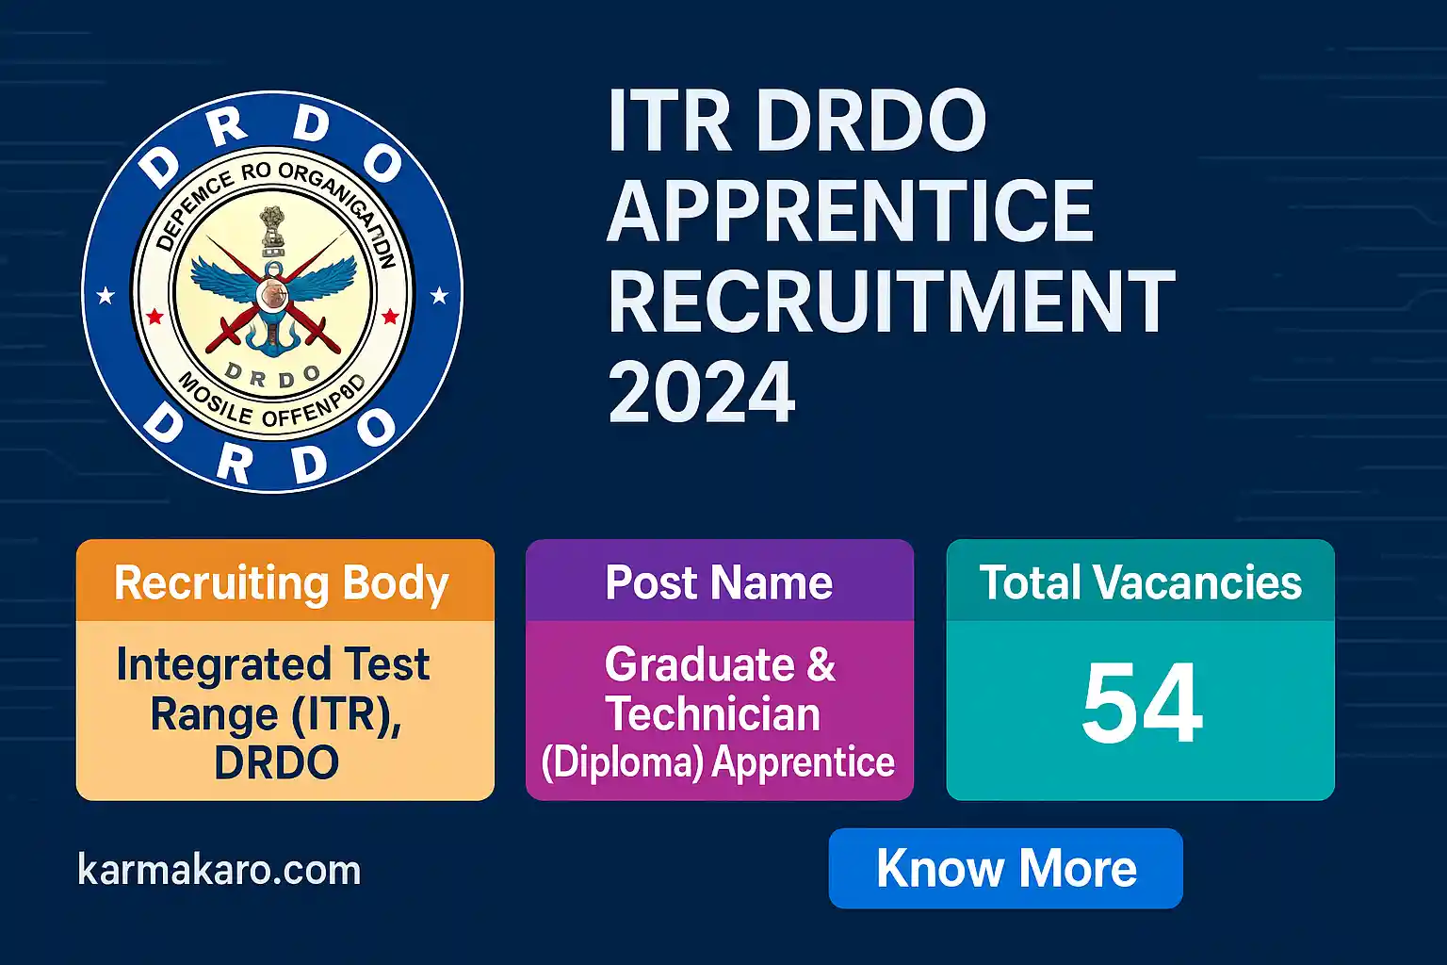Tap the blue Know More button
pos(1005,868)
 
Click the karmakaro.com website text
pos(219,870)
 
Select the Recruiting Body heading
pos(281,583)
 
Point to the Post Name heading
pos(719,582)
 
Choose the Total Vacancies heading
pos(1140,582)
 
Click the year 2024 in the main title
pos(702,394)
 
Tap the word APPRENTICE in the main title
pos(851,211)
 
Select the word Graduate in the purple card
pos(700,664)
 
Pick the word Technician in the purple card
pos(713,713)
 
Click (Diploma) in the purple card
pos(623,762)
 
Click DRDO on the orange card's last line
pos(277,763)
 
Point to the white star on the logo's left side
pos(106,297)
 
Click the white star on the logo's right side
pos(439,297)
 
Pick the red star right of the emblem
pos(390,317)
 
